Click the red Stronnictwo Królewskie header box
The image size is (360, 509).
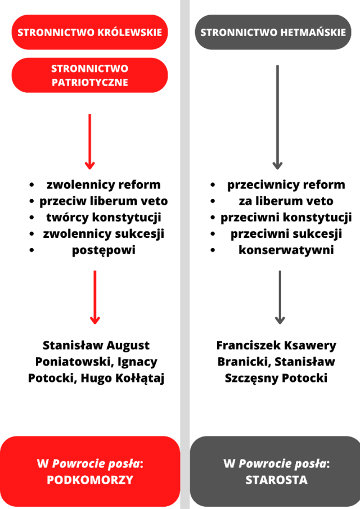(89, 32)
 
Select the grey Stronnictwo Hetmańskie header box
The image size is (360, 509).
(273, 32)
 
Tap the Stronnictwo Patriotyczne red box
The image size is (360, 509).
(89, 75)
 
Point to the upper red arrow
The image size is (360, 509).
(89, 141)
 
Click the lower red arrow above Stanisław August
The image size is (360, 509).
(95, 297)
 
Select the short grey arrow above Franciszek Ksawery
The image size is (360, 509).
(280, 297)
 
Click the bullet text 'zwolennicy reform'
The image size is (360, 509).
(103, 184)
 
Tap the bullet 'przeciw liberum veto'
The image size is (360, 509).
(103, 201)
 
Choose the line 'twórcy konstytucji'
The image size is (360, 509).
(103, 217)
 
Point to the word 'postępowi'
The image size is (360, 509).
(103, 250)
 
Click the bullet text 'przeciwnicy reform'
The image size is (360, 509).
(286, 184)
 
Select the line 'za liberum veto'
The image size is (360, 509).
(286, 201)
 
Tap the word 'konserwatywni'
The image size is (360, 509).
(286, 250)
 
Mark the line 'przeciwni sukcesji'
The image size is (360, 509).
(286, 233)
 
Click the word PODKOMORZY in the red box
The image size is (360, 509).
(89, 480)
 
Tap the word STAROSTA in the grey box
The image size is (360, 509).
(276, 480)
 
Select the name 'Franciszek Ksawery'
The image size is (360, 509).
(276, 345)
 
